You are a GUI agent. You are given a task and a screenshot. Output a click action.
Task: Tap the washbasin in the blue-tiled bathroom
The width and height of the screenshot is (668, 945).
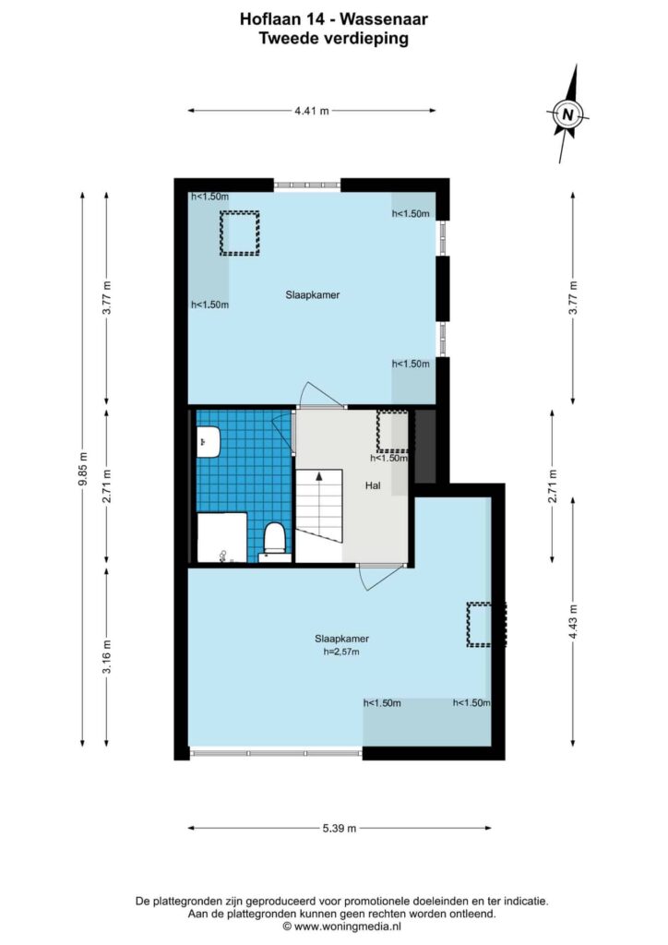[208, 441]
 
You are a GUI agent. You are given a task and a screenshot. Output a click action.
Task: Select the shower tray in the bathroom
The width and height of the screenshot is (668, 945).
[222, 538]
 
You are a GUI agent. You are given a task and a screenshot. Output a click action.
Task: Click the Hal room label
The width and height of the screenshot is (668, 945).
[373, 485]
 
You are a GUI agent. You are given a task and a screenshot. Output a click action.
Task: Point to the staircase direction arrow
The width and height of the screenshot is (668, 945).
[319, 477]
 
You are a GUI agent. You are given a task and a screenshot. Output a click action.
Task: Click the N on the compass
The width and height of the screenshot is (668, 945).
[567, 114]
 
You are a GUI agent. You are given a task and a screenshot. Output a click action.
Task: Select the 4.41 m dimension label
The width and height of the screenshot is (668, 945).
[312, 111]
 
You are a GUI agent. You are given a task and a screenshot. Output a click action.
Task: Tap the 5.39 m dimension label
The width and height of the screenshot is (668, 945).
[340, 828]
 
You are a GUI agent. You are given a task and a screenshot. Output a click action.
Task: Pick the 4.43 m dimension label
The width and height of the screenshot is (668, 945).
[573, 622]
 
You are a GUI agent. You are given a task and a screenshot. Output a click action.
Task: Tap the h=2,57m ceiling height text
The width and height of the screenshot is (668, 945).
[341, 652]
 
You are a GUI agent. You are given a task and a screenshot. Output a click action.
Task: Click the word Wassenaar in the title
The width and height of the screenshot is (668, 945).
[384, 19]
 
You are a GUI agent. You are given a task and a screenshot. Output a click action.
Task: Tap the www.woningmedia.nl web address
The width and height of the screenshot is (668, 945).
[348, 927]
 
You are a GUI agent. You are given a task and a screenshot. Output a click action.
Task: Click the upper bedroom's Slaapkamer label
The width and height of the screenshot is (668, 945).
[313, 294]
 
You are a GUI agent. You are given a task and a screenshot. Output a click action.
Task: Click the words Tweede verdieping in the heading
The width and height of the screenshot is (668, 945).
[334, 39]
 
